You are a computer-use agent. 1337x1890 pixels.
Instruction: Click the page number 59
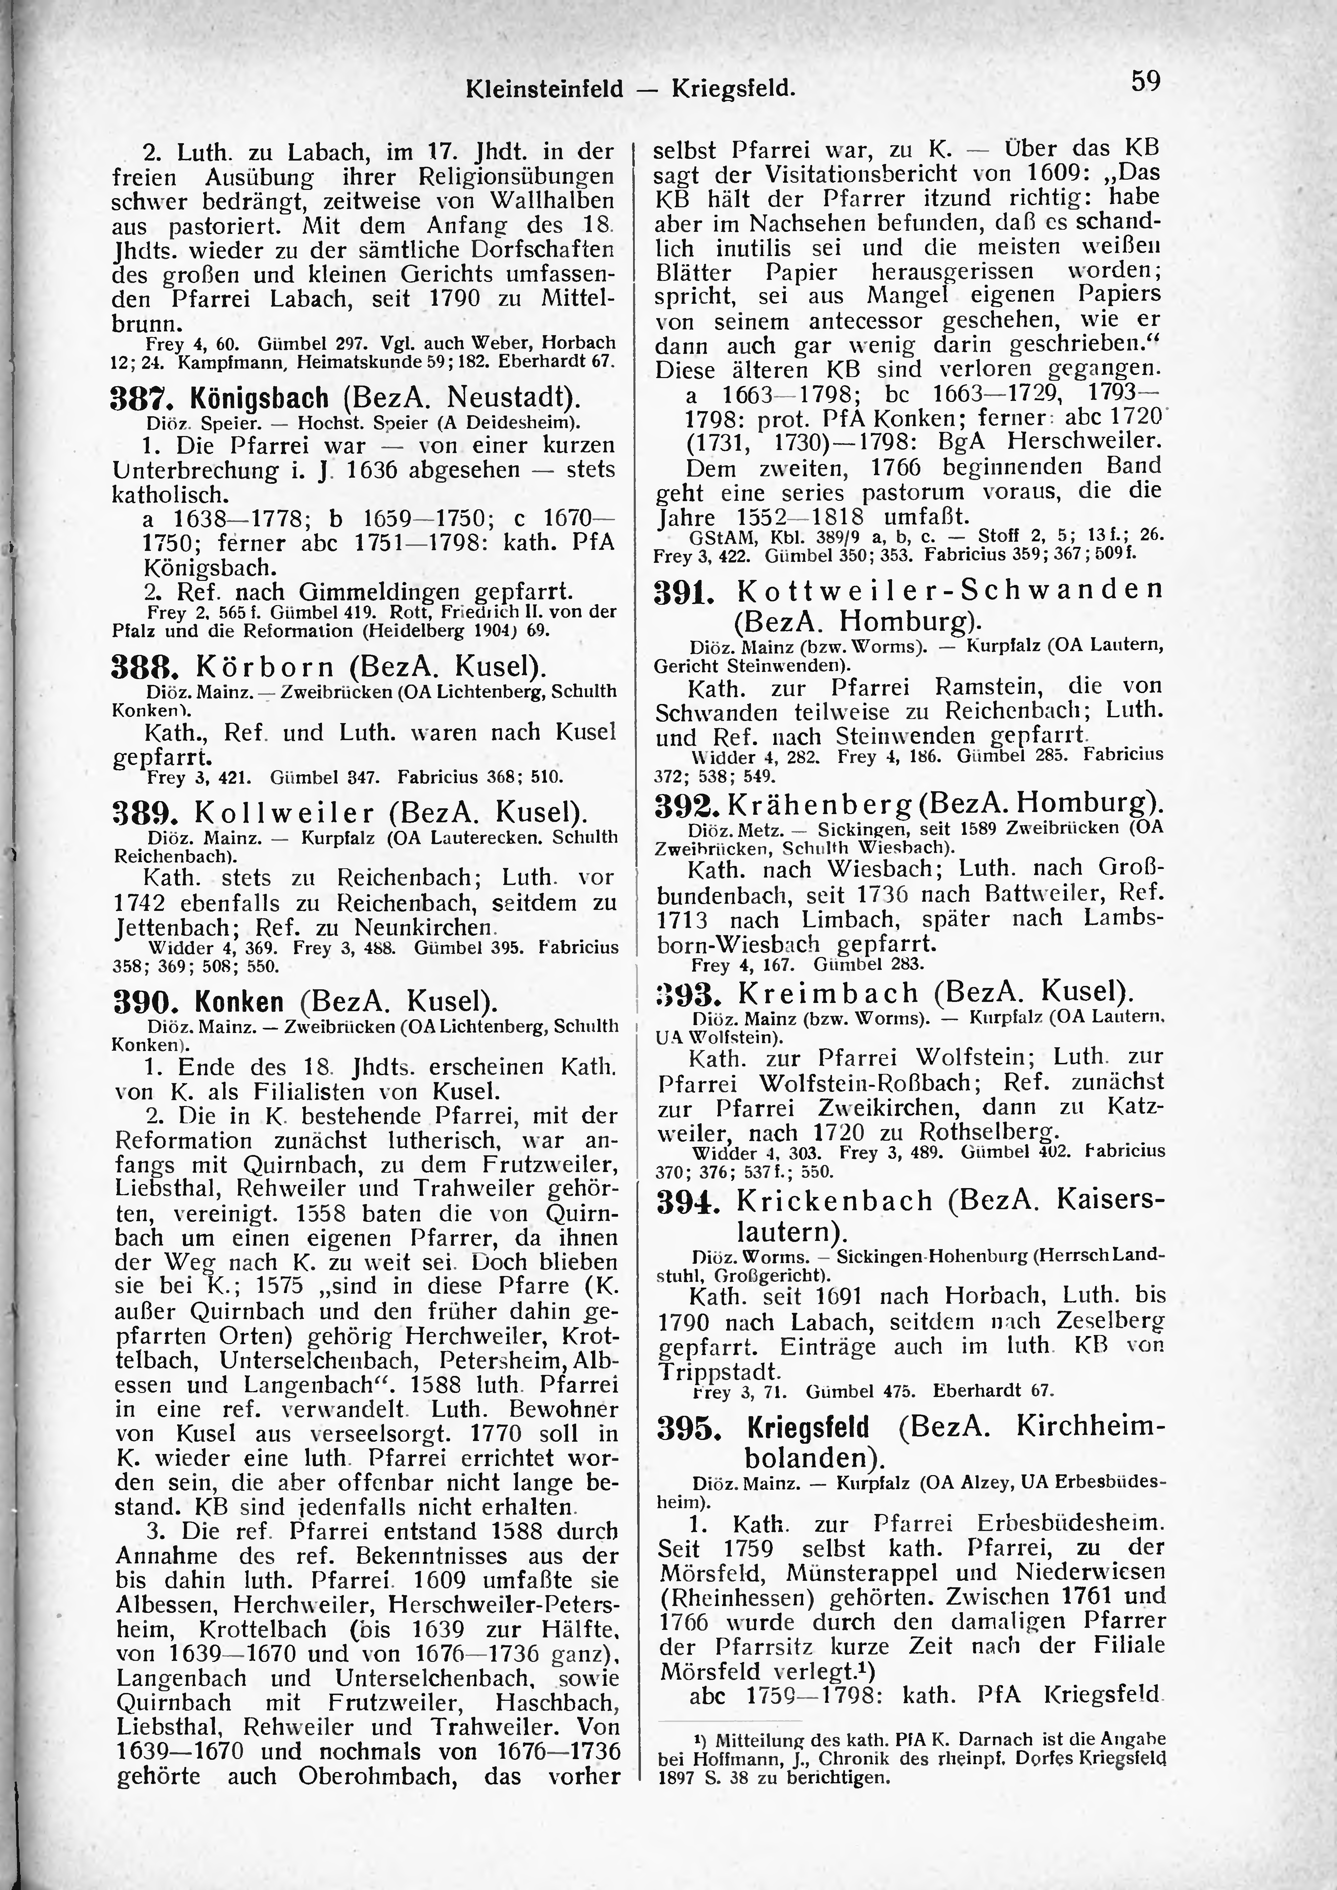click(x=1145, y=81)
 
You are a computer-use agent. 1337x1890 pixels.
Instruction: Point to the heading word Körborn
click(x=265, y=664)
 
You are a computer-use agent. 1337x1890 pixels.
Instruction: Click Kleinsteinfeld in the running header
click(x=544, y=88)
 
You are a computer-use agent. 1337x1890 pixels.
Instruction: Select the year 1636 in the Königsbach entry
click(x=365, y=470)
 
